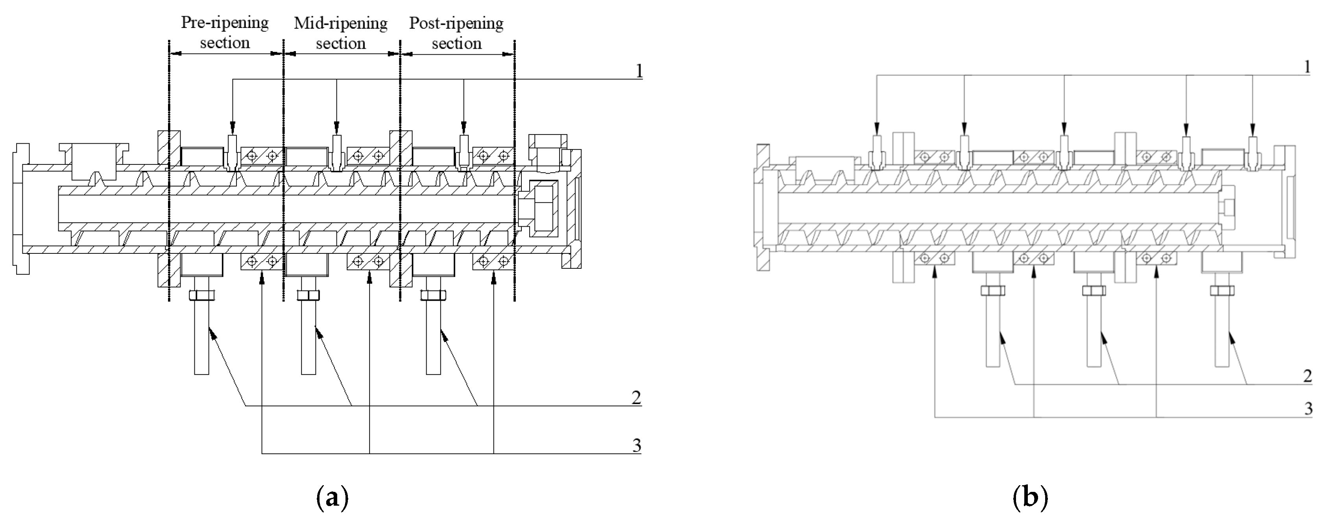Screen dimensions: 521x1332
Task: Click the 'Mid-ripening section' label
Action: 341,33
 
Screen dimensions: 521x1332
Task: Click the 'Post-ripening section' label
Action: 456,33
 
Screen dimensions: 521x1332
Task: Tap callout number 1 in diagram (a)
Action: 639,71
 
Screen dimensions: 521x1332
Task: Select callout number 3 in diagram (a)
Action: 637,445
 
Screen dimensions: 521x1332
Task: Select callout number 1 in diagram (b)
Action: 1307,67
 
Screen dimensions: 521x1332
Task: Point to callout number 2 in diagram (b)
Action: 1307,376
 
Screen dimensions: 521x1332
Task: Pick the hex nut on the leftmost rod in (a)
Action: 201,296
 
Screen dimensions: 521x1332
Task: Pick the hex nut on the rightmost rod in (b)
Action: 1222,291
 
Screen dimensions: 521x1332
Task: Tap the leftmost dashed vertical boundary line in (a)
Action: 169,170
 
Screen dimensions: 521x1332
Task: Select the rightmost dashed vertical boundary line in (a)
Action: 514,170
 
